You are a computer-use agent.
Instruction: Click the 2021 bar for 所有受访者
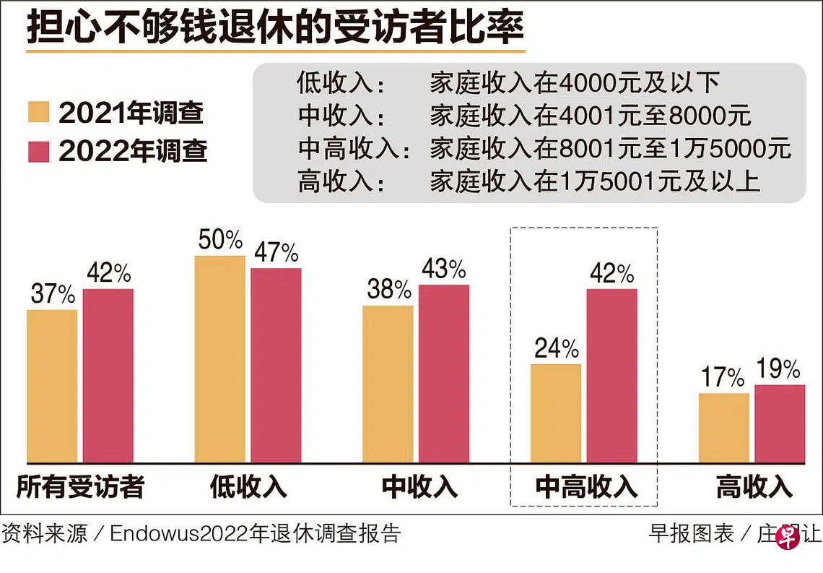pos(52,386)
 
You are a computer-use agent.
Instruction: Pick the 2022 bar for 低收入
pos(276,365)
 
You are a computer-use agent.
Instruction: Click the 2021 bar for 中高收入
pos(555,413)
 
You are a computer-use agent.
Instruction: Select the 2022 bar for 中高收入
pos(611,375)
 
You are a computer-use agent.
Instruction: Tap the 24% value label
pos(556,349)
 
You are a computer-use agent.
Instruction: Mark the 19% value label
pos(778,369)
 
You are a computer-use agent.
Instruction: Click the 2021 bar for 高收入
pos(723,428)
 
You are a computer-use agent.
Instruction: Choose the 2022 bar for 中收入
pos(443,373)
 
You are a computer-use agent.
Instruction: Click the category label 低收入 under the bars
pos(248,486)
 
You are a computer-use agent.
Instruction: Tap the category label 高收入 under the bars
pos(754,486)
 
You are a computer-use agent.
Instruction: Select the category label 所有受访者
pos(80,486)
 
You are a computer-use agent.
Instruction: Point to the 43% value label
pos(443,270)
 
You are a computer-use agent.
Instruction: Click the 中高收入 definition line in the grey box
pos(544,149)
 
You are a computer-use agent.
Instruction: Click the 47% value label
pos(276,253)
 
